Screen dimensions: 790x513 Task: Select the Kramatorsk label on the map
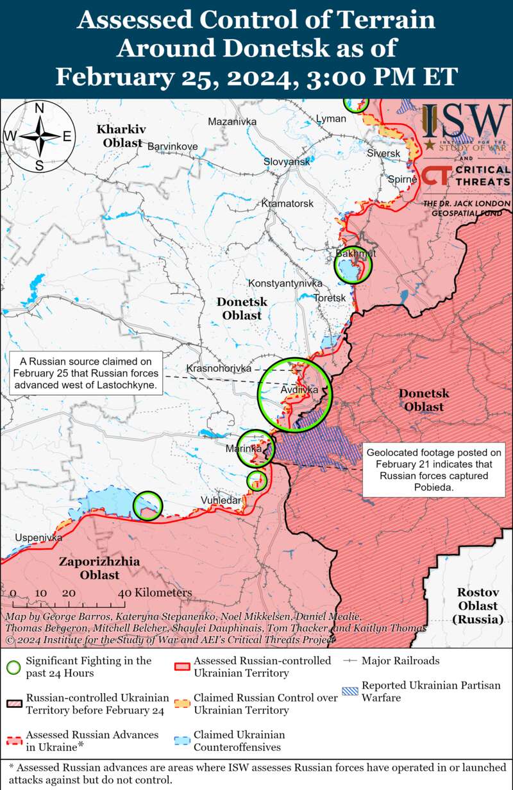pyautogui.click(x=287, y=203)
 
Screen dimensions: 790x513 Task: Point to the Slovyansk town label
pyautogui.click(x=287, y=162)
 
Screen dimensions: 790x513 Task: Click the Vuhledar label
pyautogui.click(x=221, y=500)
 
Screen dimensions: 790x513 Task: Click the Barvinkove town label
pyautogui.click(x=172, y=146)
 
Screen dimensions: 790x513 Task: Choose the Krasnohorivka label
pyautogui.click(x=219, y=368)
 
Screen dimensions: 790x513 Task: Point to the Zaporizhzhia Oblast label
pyautogui.click(x=99, y=568)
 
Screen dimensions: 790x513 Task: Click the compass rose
pyautogui.click(x=38, y=136)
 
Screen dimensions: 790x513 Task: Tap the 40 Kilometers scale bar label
pyautogui.click(x=155, y=593)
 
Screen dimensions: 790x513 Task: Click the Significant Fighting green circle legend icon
pyautogui.click(x=13, y=666)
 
